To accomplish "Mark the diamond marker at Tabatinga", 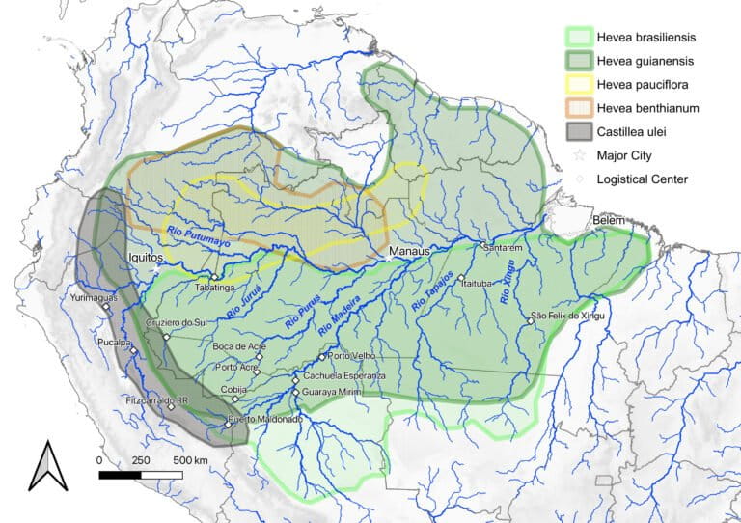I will pos(214,277).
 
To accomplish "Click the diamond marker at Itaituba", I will pos(462,278).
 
